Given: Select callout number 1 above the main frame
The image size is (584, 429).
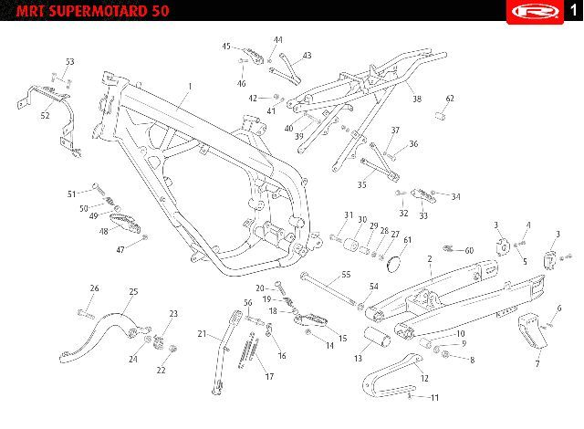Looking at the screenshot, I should [x=190, y=88].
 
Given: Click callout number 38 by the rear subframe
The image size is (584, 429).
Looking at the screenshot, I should [x=417, y=99].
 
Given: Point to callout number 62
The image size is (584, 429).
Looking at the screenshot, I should [x=450, y=99].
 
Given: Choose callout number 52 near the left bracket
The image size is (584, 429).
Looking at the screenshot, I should [x=46, y=116].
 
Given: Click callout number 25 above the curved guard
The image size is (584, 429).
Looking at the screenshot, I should [x=133, y=292].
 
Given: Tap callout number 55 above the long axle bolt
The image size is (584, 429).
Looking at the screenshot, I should [x=346, y=275].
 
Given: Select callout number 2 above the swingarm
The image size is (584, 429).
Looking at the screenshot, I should [x=429, y=259].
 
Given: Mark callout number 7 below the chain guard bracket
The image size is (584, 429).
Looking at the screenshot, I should [x=537, y=364].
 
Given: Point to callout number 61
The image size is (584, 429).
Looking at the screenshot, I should [x=408, y=239].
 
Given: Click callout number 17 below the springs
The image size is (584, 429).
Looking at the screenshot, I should [x=269, y=376].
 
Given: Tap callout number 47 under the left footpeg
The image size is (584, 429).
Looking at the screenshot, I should [x=120, y=249].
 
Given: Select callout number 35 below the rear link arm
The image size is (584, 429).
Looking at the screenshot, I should [x=361, y=184].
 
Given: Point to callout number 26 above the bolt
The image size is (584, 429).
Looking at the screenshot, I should [x=94, y=288].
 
